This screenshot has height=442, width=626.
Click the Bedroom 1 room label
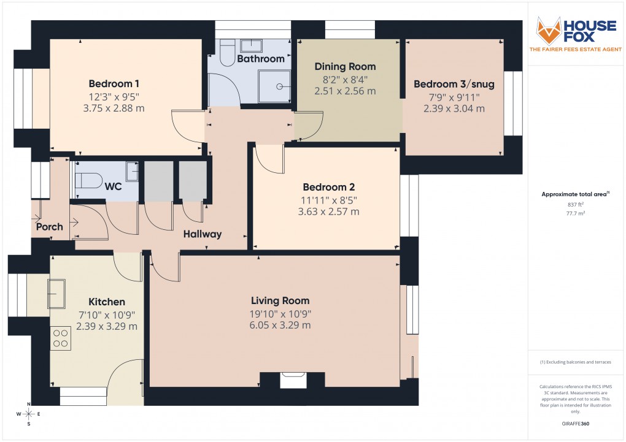[114, 83]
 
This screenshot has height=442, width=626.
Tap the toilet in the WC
[88, 180]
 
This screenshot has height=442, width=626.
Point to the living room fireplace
[292, 380]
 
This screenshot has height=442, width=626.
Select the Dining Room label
[345, 66]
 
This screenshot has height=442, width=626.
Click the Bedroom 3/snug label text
[454, 84]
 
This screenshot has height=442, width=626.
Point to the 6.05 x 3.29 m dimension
[280, 326]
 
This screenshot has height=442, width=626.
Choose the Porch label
[49, 227]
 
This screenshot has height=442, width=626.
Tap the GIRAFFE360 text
[576, 424]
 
